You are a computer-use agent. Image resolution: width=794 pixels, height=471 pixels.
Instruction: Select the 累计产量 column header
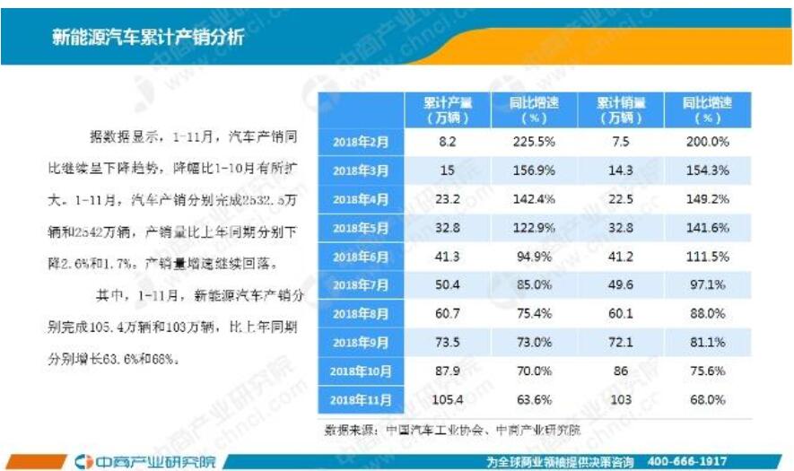click(448, 109)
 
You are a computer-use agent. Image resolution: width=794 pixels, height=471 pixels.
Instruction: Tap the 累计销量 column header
click(620, 109)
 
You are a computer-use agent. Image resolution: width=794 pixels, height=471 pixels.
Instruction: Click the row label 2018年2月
click(361, 142)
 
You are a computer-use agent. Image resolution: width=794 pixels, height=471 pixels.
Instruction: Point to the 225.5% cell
click(534, 142)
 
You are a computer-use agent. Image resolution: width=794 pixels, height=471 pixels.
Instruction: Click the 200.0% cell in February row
click(707, 142)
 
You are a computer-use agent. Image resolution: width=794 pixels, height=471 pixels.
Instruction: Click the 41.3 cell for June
click(448, 257)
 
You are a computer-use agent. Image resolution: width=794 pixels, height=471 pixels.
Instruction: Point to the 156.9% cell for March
click(534, 170)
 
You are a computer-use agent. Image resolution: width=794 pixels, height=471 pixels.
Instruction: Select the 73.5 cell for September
click(448, 342)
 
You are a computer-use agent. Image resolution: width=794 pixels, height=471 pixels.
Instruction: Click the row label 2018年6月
click(361, 257)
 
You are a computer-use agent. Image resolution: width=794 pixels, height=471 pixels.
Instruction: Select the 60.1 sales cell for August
click(620, 313)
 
